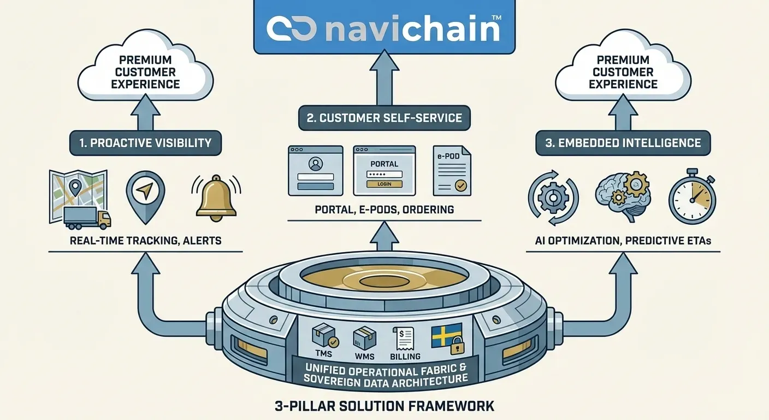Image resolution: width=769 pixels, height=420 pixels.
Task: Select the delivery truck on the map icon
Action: pos(87,217)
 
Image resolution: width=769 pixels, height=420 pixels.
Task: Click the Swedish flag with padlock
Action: pos(447,339)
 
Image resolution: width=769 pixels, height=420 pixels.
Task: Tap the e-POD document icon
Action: pos(452,171)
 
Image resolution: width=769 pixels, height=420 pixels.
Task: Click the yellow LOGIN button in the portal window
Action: pos(384,184)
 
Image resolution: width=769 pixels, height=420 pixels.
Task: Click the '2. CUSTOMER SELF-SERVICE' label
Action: pos(384,117)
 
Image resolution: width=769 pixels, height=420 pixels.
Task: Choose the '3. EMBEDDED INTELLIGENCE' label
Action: pos(623,143)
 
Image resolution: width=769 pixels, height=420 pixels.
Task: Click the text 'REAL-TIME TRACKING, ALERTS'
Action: pos(145,241)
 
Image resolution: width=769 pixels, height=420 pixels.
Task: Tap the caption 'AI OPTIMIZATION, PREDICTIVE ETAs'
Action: pos(623,241)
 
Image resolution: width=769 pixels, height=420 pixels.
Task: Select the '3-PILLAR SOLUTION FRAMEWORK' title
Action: pos(384,406)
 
